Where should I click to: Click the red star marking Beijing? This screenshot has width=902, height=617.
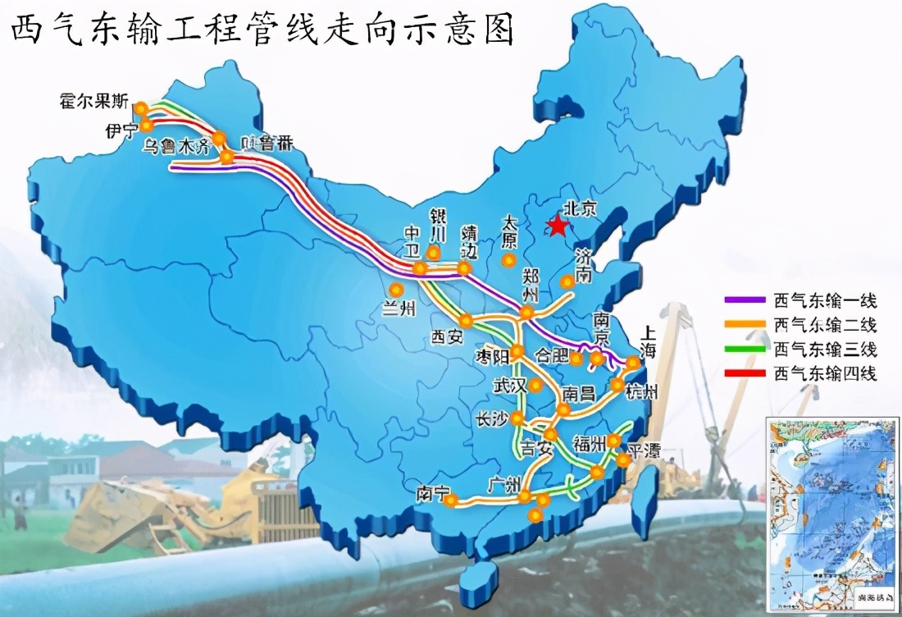[558, 225]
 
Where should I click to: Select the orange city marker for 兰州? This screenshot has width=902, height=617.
[397, 290]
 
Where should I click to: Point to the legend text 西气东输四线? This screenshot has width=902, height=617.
[825, 374]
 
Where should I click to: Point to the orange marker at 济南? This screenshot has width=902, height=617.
[566, 281]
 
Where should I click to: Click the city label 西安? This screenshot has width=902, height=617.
[448, 336]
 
